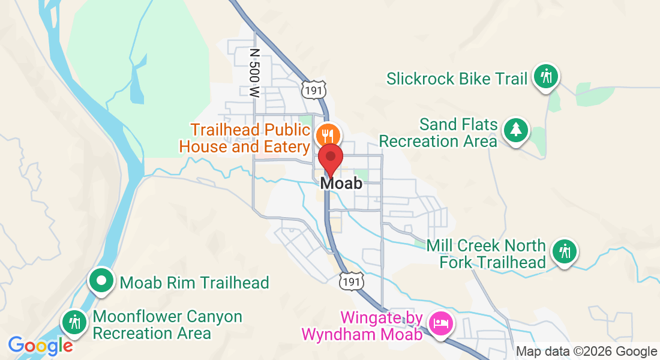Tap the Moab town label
(x=341, y=183)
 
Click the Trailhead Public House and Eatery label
(x=251, y=138)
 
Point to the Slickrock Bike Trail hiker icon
(x=546, y=77)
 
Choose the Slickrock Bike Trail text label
(x=457, y=79)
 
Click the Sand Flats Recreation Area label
(x=439, y=133)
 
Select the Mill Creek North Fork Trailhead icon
(x=564, y=250)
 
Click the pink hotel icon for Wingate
(x=442, y=323)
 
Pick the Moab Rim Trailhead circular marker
(x=101, y=281)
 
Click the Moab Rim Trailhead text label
(x=194, y=283)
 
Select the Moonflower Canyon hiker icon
(x=75, y=322)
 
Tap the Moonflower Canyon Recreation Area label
(x=167, y=325)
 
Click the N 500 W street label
(x=254, y=73)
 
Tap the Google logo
(x=40, y=346)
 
